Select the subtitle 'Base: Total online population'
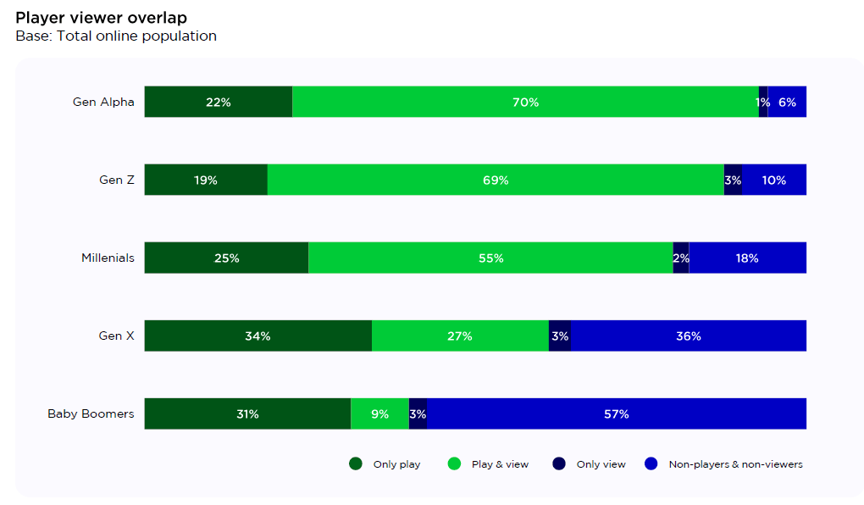coord(116,36)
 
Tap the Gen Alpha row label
coord(103,102)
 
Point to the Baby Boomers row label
coord(91,413)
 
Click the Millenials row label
coord(108,258)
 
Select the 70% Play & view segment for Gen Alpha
coord(525,102)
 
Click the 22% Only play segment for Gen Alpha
coord(218,102)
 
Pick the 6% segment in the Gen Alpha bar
coord(787,102)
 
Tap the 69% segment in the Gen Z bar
coord(496,180)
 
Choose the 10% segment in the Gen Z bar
coord(774,180)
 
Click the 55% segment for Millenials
coord(490,258)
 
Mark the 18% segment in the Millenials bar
coord(747,258)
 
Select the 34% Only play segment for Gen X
coord(258,336)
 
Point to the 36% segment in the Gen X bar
coord(688,336)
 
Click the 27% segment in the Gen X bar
coord(460,336)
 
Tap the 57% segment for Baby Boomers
coord(616,413)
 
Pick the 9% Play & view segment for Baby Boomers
coord(379,413)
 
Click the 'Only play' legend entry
coord(385,464)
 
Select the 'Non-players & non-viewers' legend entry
coord(724,464)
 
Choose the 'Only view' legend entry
coord(590,464)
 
